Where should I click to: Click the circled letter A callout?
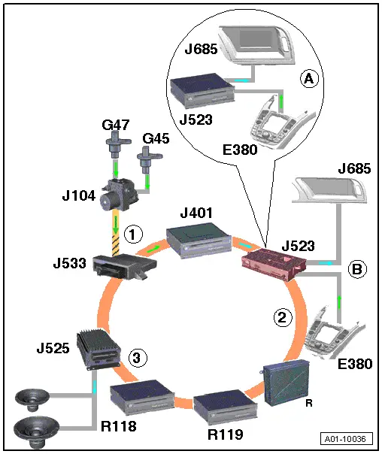point(309,78)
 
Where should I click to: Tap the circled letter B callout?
point(357,269)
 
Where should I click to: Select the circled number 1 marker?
point(133,234)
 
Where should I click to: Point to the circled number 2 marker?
point(283,318)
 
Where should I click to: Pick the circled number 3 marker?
point(138,358)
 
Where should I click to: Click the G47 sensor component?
point(118,144)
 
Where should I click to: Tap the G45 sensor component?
point(149,160)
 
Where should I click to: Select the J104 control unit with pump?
point(120,195)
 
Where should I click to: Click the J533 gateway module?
point(125,266)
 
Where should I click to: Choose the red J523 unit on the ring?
point(274,265)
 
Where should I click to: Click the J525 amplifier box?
point(99,350)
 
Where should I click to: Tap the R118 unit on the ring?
point(142,396)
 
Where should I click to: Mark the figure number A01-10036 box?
point(347,439)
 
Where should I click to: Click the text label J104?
point(79,195)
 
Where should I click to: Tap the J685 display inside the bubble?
point(257,45)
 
